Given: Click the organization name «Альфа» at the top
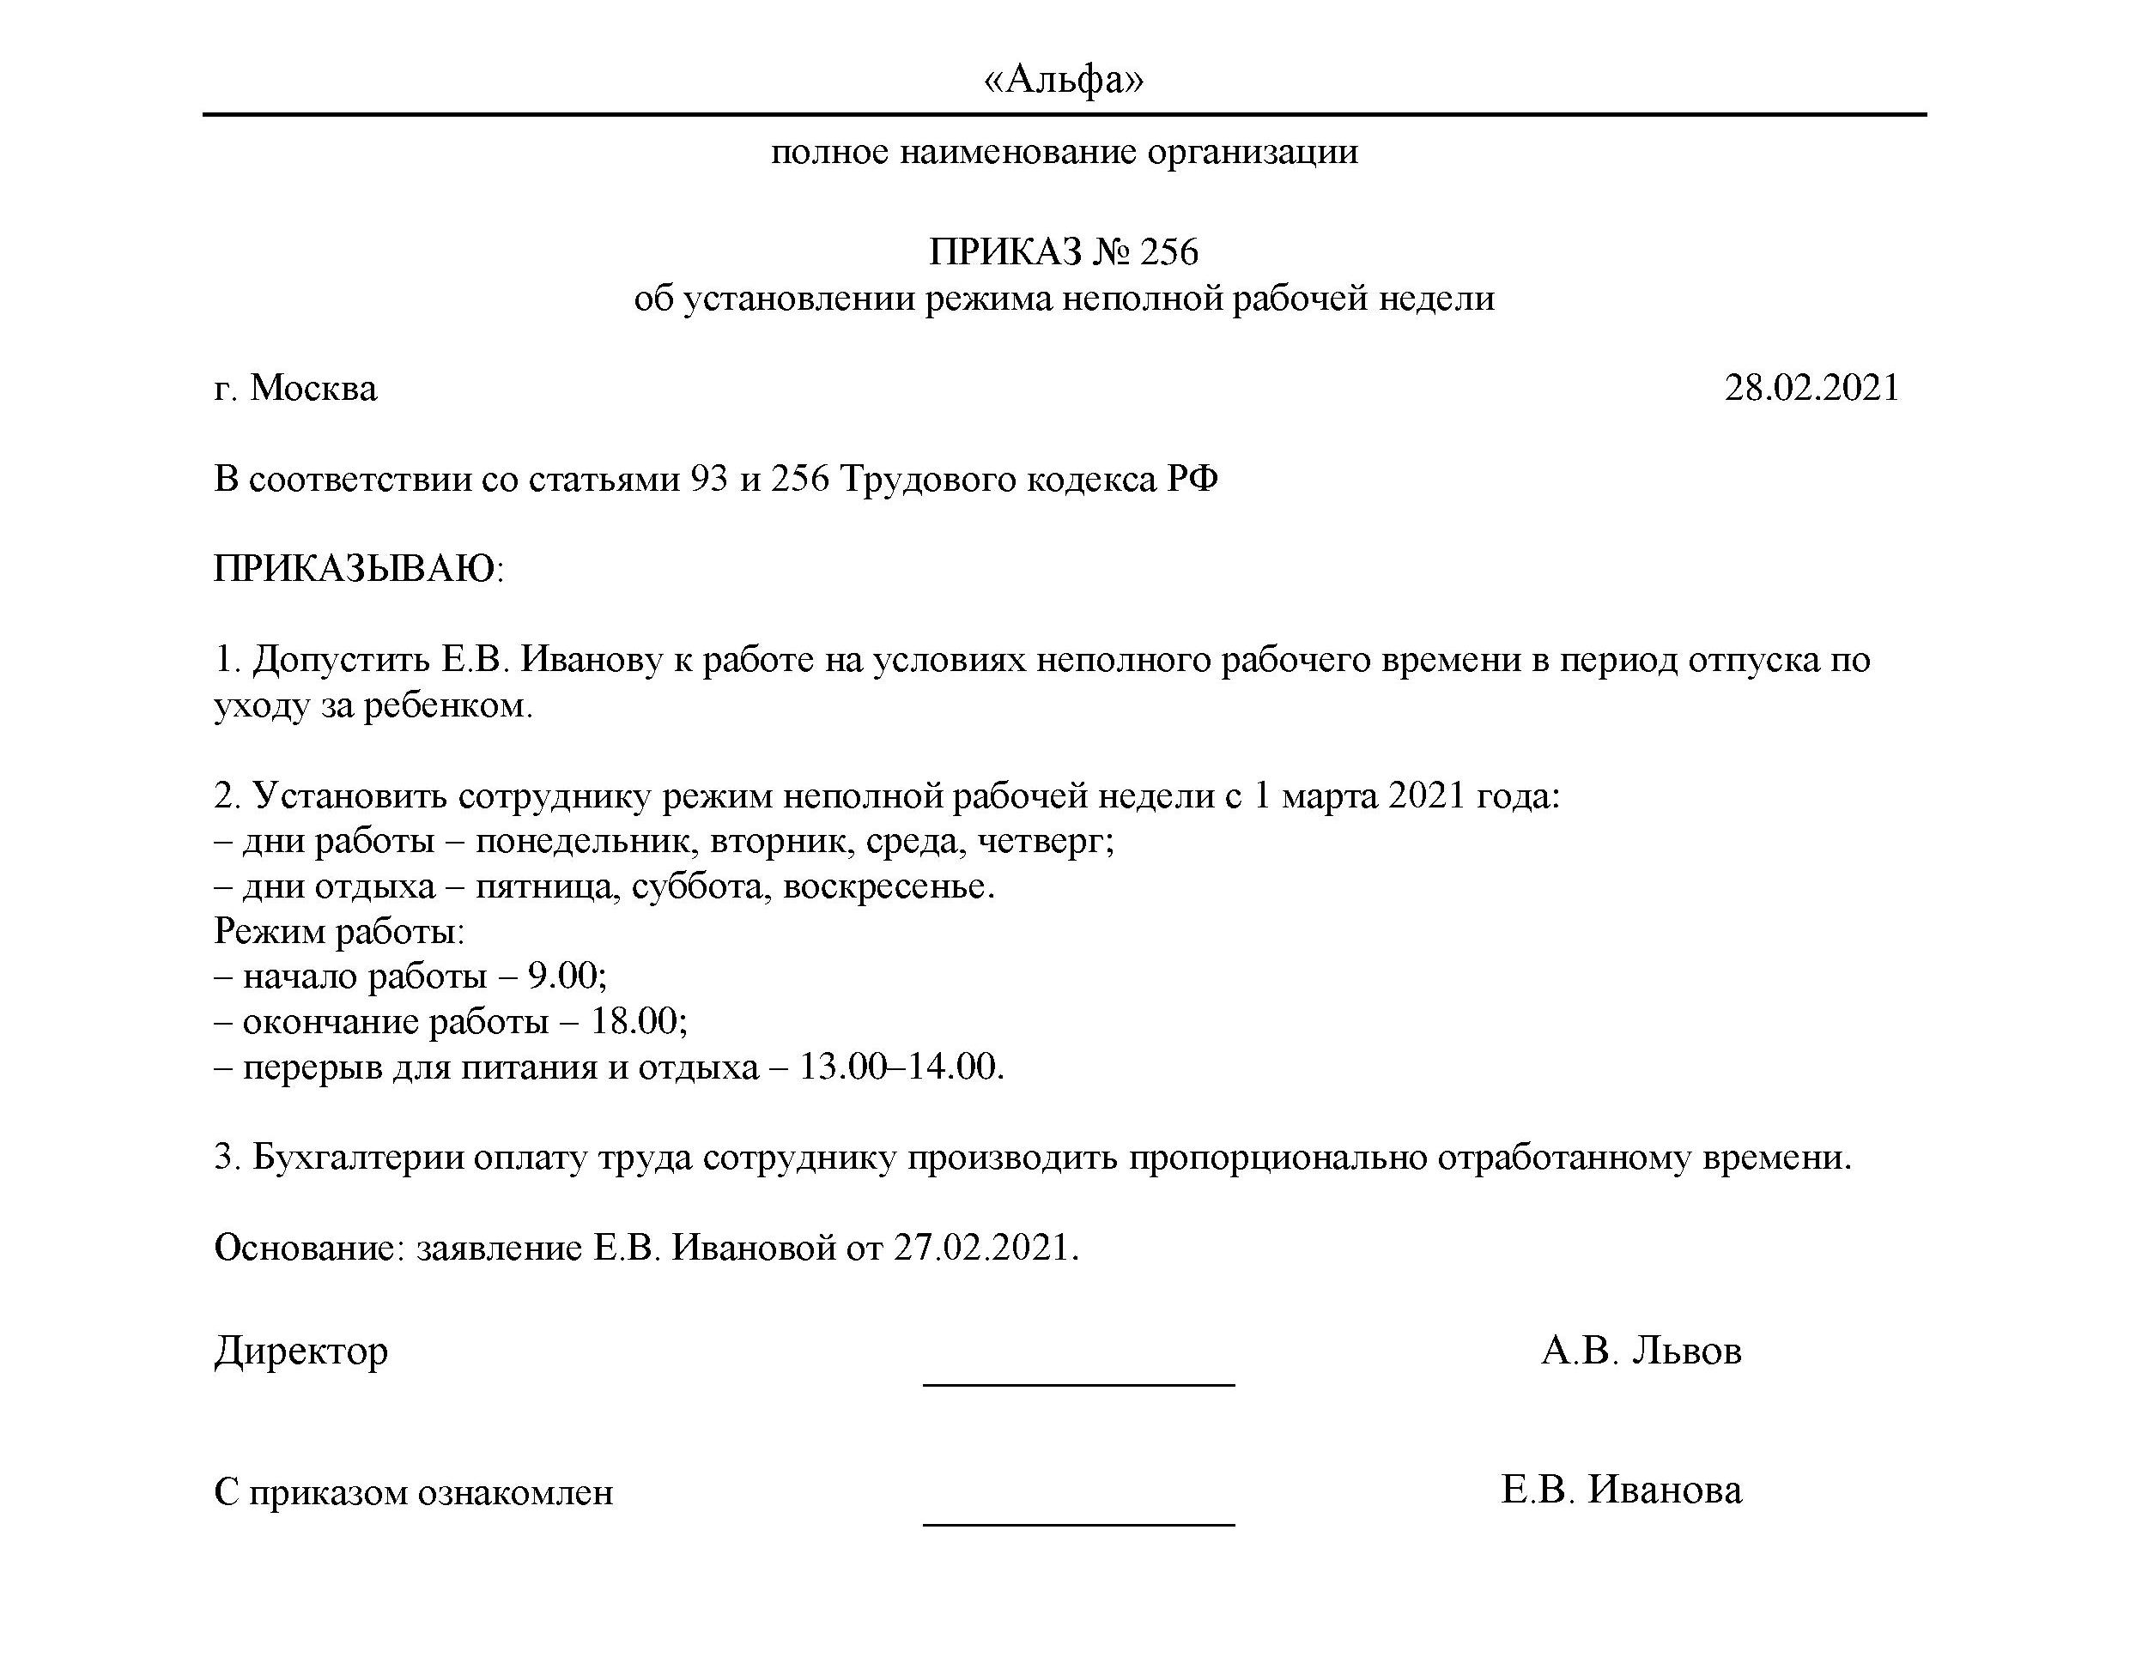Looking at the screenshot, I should [x=1064, y=78].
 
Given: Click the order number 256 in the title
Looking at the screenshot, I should [x=1169, y=252].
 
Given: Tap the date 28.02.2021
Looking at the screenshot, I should [x=1811, y=388].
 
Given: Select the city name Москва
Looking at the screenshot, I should [x=313, y=388].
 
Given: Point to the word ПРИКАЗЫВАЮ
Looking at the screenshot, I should [x=358, y=569].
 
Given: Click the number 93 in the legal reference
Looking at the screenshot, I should [x=708, y=479].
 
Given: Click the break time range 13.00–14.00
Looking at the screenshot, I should [x=901, y=1066].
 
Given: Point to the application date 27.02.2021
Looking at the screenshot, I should [x=986, y=1248].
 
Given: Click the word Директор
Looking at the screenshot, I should [x=301, y=1351].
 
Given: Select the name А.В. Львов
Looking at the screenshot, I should [x=1641, y=1351].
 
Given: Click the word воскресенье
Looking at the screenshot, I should [x=888, y=886].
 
